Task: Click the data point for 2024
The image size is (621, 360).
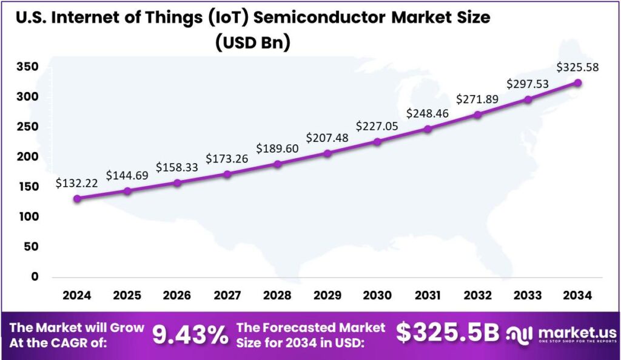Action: (x=77, y=198)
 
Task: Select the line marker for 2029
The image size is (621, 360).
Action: (x=327, y=153)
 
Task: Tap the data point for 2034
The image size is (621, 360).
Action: (x=578, y=82)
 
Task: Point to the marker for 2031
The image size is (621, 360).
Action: (x=428, y=129)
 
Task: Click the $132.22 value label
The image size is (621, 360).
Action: (x=75, y=182)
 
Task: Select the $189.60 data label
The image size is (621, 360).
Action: (x=277, y=148)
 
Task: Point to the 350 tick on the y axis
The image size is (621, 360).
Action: (x=28, y=67)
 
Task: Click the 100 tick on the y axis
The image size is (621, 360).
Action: (x=28, y=216)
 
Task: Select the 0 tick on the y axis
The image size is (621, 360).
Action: (x=35, y=276)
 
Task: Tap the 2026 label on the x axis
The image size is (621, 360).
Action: (x=176, y=295)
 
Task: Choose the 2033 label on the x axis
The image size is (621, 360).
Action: (x=528, y=295)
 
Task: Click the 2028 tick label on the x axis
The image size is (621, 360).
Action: (x=277, y=295)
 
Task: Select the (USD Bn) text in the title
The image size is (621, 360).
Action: (x=250, y=42)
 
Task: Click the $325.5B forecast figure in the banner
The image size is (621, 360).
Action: (x=448, y=333)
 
